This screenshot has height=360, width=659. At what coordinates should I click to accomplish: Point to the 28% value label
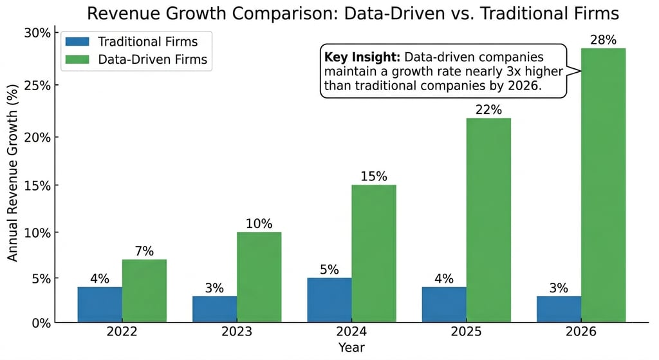603,41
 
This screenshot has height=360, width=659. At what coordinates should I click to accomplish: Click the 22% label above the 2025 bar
488,109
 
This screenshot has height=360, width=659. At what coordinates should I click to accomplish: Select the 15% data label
374,176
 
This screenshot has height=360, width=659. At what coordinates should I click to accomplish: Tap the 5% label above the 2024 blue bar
329,270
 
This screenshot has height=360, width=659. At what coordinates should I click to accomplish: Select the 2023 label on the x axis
237,334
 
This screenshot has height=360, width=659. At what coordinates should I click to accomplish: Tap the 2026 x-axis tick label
581,334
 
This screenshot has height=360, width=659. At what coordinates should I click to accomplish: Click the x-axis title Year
351,348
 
